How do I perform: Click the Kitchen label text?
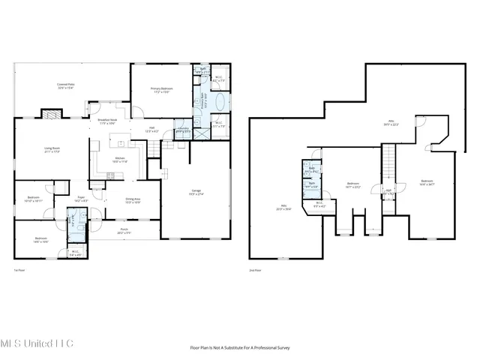pos(120,160)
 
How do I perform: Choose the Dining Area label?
pos(133,199)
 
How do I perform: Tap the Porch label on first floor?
pos(124,232)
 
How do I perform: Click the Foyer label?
pos(79,199)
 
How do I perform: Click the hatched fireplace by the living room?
pos(49,115)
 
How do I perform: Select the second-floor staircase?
pos(388,161)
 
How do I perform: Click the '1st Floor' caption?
pos(21,271)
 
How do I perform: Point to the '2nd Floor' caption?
pos(256,271)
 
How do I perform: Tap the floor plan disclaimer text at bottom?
pos(240,347)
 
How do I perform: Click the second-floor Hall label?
pos(388,191)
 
